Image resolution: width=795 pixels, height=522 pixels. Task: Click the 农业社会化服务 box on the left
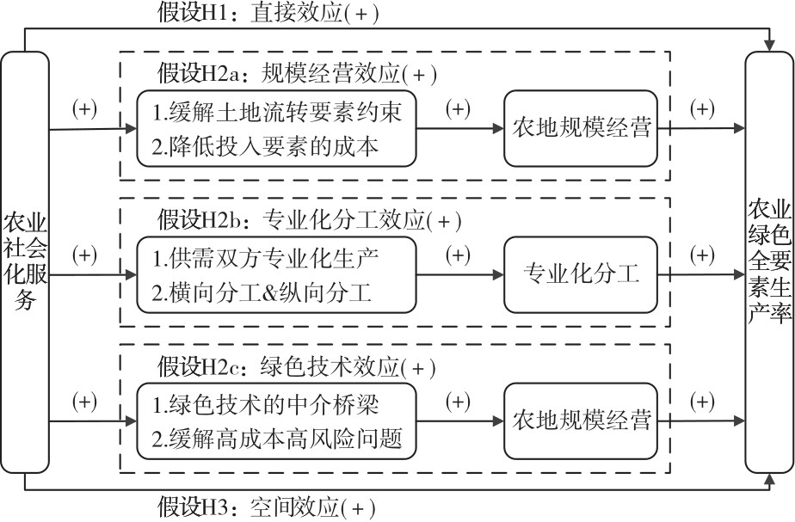pyautogui.click(x=25, y=262)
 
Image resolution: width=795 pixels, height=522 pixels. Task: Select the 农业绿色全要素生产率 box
pyautogui.click(x=769, y=262)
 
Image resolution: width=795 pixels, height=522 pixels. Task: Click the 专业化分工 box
pyautogui.click(x=581, y=274)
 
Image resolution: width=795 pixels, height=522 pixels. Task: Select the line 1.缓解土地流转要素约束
pyautogui.click(x=277, y=112)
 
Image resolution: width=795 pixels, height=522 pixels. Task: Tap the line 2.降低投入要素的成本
pyautogui.click(x=265, y=146)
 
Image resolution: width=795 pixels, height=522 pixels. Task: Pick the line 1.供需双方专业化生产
pyautogui.click(x=265, y=258)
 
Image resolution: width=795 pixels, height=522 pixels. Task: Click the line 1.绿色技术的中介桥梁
pyautogui.click(x=265, y=404)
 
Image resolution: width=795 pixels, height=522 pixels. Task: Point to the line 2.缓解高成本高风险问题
pyautogui.click(x=277, y=439)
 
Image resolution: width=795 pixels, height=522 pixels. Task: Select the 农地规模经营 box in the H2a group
pyautogui.click(x=581, y=128)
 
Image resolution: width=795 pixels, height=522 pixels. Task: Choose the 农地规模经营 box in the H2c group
pyautogui.click(x=581, y=421)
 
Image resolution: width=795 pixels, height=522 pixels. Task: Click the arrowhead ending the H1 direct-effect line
pyautogui.click(x=770, y=46)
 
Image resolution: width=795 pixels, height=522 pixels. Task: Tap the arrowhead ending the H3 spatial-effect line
pyautogui.click(x=770, y=479)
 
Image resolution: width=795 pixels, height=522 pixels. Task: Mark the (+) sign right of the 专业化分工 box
pyautogui.click(x=702, y=255)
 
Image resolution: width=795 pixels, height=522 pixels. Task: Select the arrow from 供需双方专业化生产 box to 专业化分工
pyautogui.click(x=459, y=274)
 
